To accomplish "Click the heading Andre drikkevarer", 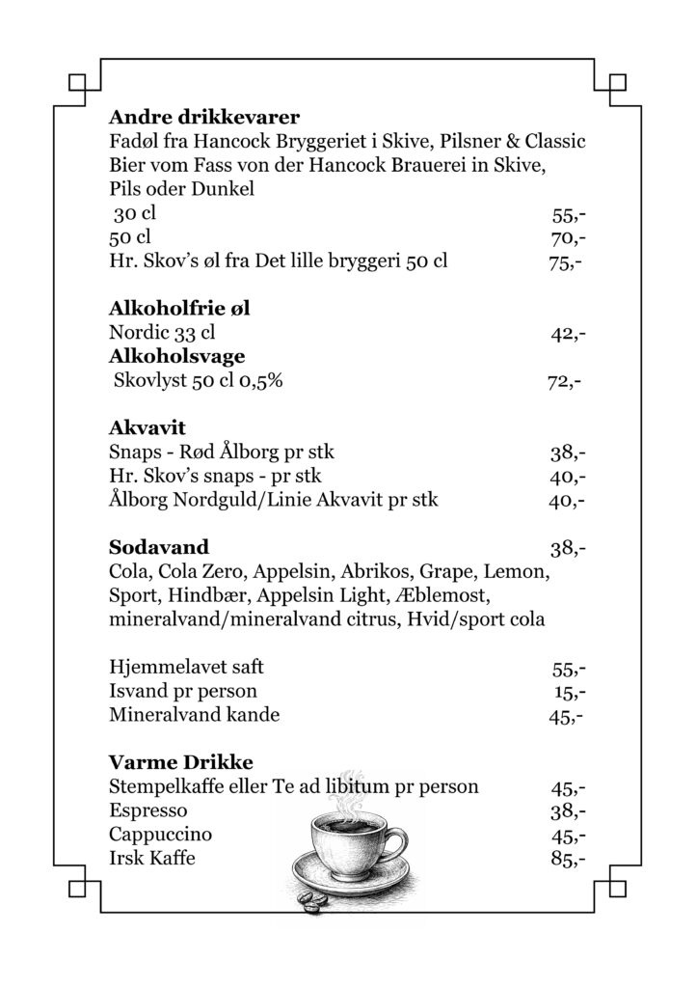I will [204, 118].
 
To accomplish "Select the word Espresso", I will [148, 810].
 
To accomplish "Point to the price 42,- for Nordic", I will [569, 334].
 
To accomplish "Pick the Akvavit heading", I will [147, 427].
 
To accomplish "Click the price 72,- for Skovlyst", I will [565, 381].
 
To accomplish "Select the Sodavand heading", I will [159, 549].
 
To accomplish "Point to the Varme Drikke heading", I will [180, 762].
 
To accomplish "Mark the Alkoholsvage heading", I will [177, 357].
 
